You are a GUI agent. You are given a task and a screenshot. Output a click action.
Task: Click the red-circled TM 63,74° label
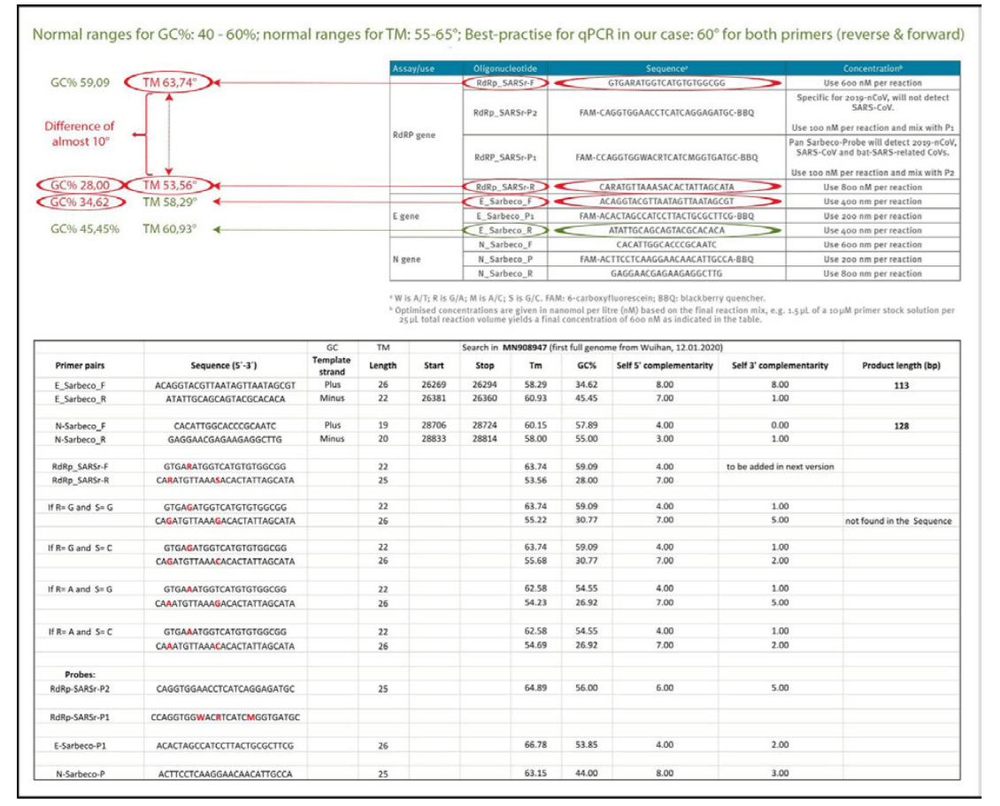(169, 83)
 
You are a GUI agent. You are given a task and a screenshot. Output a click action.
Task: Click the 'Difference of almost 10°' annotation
(80, 133)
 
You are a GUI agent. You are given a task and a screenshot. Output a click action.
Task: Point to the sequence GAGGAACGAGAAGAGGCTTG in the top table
(623, 273)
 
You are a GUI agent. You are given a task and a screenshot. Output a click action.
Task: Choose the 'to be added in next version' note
(780, 466)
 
